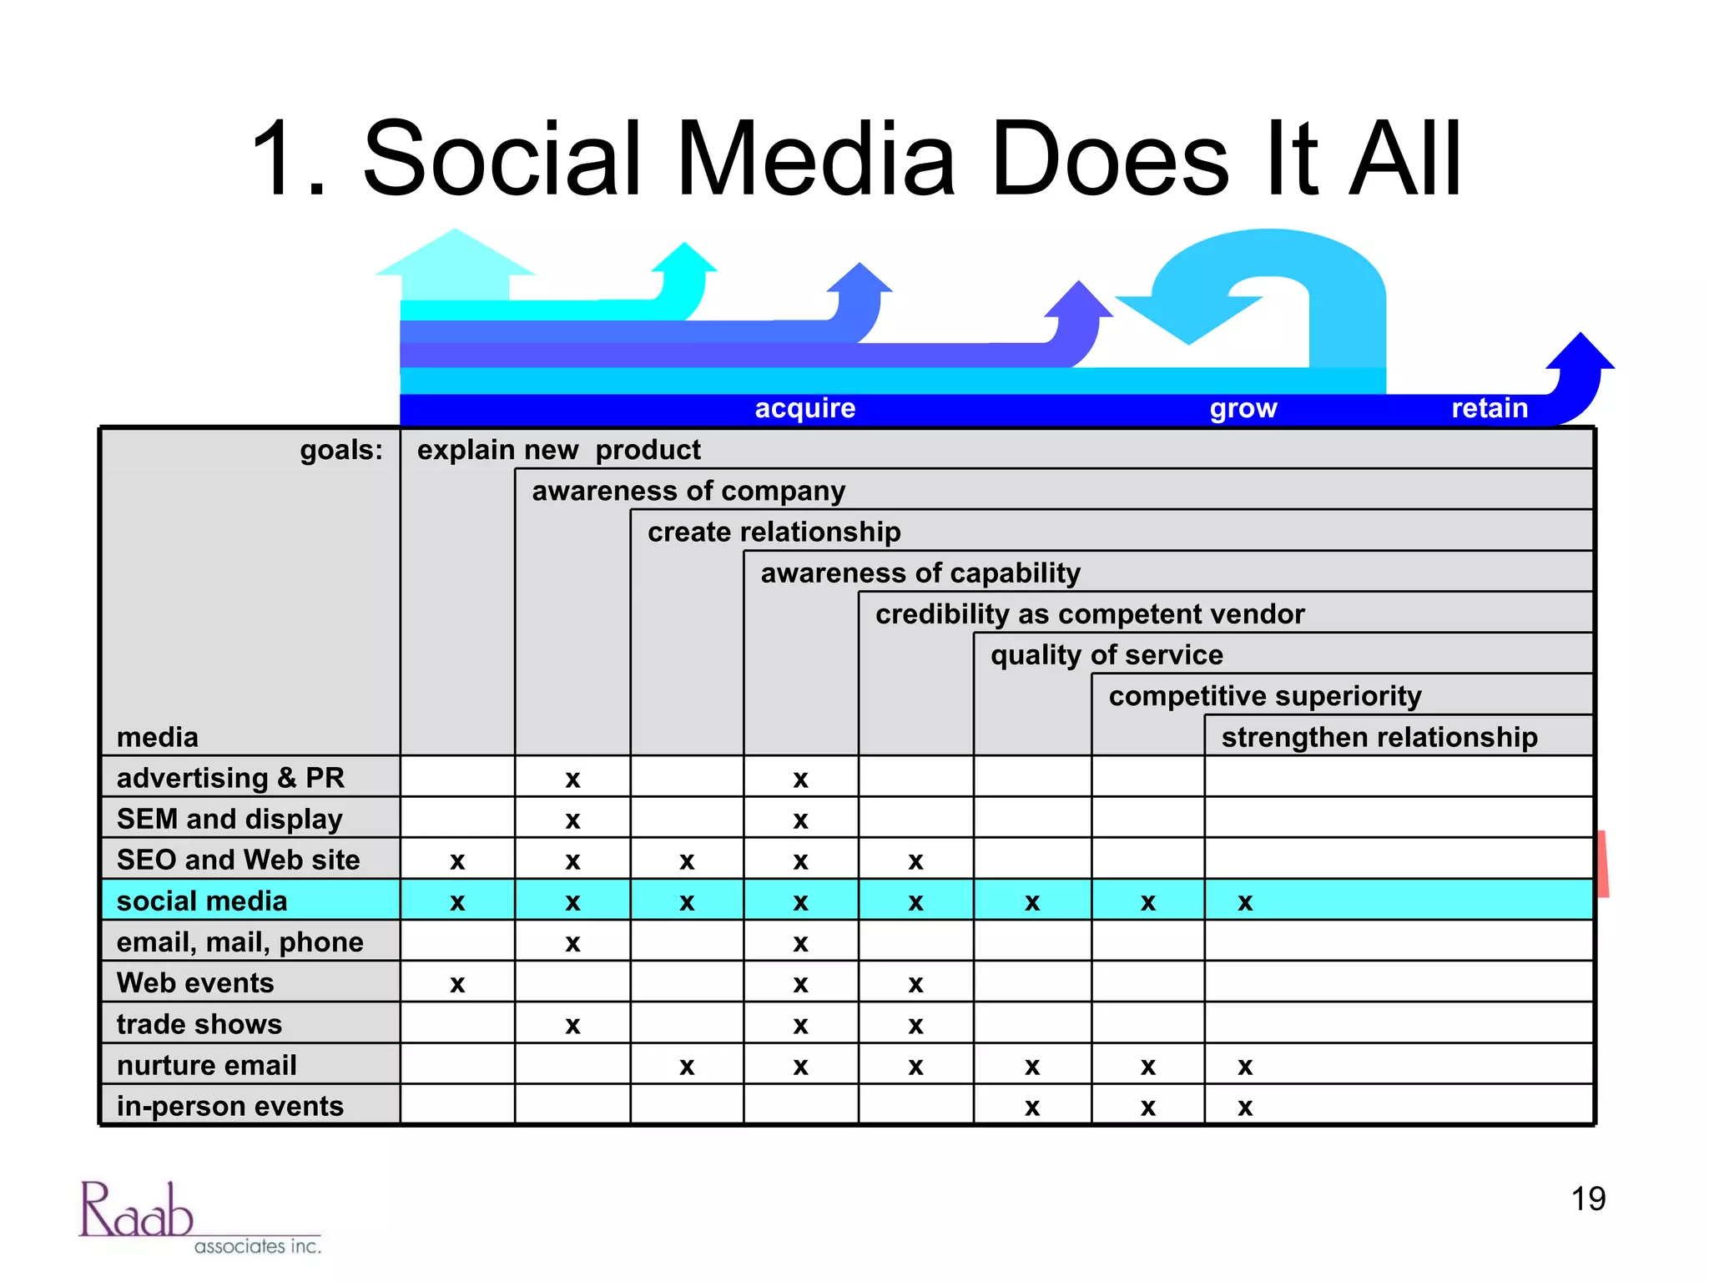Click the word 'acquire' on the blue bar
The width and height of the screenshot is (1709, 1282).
(x=805, y=408)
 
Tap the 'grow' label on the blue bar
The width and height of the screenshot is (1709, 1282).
(x=1243, y=408)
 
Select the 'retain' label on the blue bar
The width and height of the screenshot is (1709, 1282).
(x=1490, y=408)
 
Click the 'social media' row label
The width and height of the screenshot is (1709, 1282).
(x=202, y=901)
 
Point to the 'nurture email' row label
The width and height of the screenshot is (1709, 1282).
(x=207, y=1065)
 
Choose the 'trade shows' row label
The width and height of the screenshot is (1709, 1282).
(x=199, y=1024)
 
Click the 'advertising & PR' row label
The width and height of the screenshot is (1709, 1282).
(x=230, y=778)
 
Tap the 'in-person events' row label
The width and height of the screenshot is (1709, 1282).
(x=230, y=1106)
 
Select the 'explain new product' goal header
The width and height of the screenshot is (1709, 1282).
(x=558, y=450)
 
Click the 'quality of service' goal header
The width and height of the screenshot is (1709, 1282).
(x=1107, y=655)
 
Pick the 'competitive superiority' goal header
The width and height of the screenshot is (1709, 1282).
(x=1265, y=696)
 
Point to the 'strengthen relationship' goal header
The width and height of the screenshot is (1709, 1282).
(x=1379, y=737)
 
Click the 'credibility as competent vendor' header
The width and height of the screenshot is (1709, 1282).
(x=1089, y=614)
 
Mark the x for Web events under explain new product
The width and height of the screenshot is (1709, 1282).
(x=457, y=985)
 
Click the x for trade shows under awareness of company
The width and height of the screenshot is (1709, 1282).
(x=572, y=1026)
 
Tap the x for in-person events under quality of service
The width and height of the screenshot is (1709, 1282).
(x=1032, y=1108)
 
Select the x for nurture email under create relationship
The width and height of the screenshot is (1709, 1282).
(x=687, y=1067)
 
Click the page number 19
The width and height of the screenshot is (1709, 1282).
(x=1588, y=1199)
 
